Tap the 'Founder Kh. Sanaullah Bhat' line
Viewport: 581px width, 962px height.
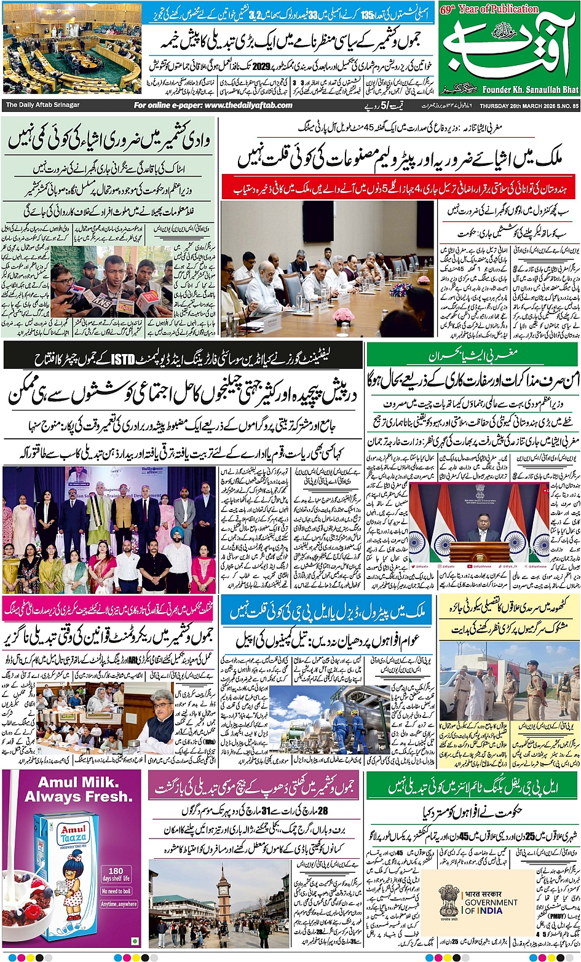tap(531, 89)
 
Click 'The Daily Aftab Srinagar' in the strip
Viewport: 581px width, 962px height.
tap(43, 105)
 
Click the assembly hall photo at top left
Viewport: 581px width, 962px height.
tap(71, 49)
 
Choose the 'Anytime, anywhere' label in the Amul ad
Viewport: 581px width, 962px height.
tap(119, 904)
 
